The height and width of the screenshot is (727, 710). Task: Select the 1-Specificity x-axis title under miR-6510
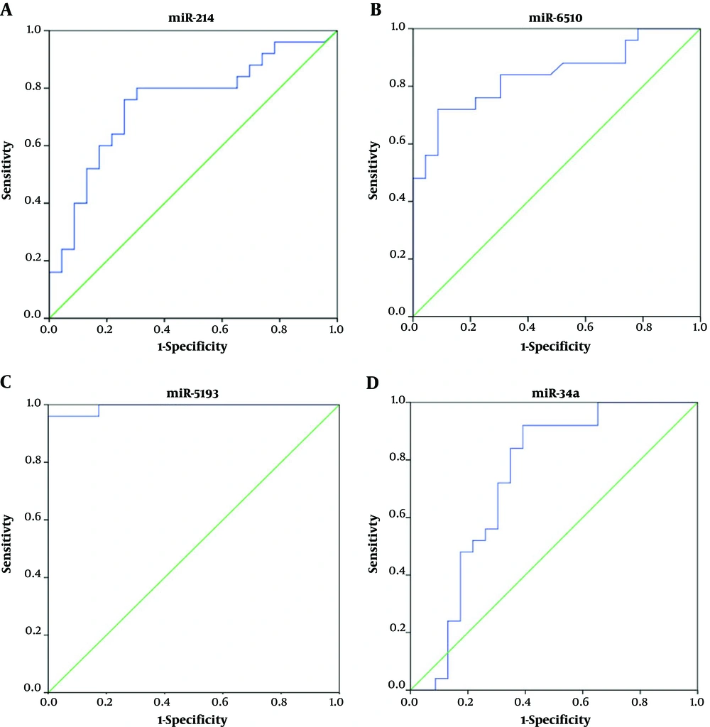(556, 346)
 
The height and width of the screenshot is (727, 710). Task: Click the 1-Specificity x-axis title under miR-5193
(192, 719)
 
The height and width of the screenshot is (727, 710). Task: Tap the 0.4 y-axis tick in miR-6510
(398, 200)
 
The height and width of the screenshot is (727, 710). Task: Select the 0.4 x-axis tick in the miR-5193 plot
(164, 703)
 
